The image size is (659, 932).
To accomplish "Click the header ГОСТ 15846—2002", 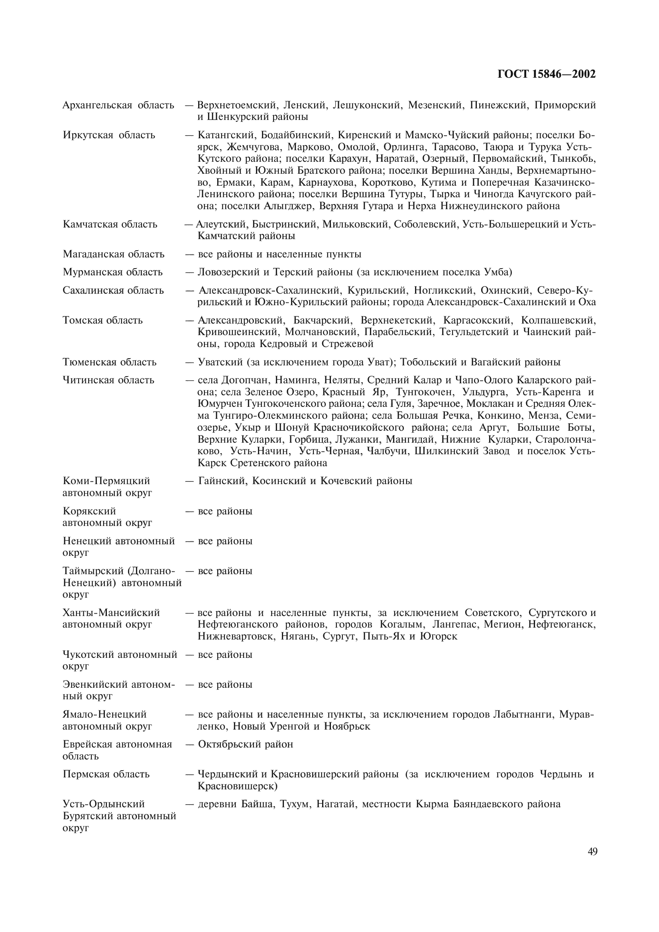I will tap(546, 74).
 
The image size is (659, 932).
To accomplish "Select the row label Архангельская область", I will tap(118, 105).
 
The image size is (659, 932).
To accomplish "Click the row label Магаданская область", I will tap(113, 255).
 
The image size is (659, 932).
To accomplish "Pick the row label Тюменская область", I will tap(109, 362).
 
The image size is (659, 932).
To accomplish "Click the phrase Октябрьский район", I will tap(245, 744).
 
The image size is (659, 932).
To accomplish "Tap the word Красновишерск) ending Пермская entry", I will tap(237, 786).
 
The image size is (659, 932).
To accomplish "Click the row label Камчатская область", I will tap(110, 224).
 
